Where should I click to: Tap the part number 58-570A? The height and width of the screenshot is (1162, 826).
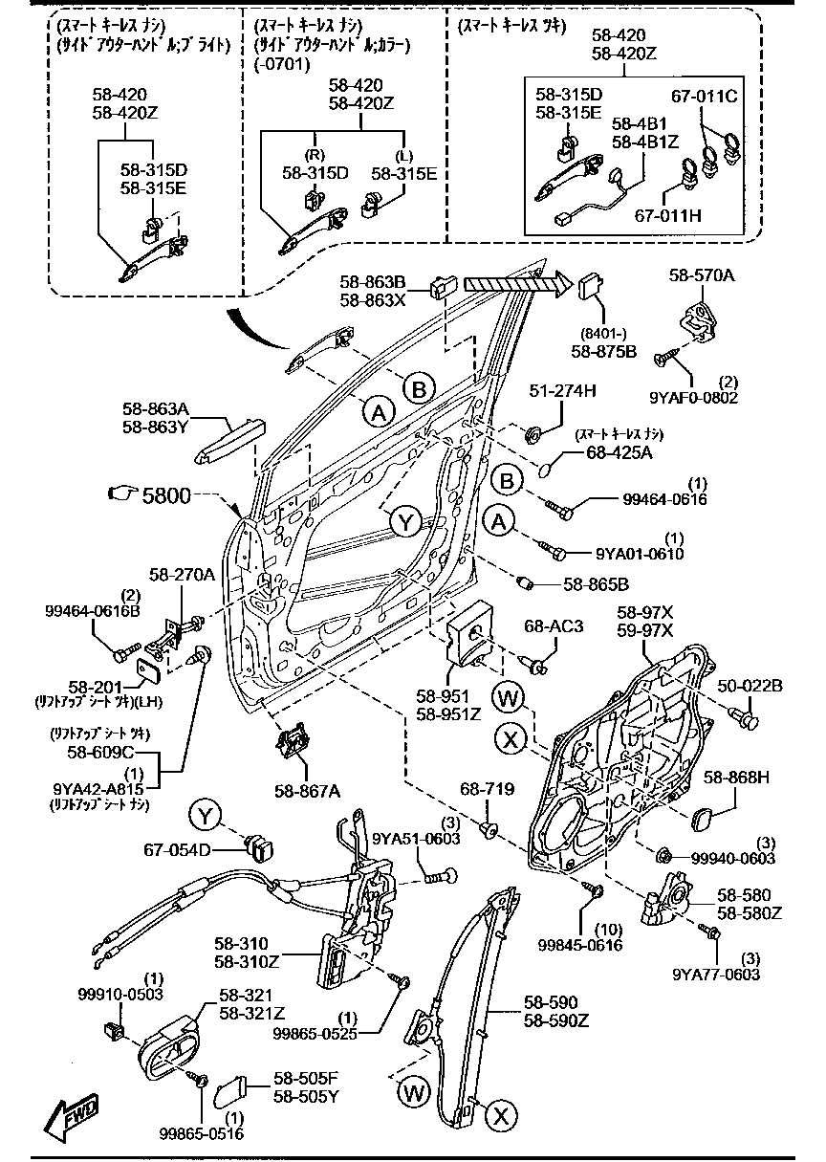pos(702,275)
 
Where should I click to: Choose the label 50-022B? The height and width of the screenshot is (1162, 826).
pos(750,685)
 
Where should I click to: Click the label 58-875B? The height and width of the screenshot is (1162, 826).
pos(603,351)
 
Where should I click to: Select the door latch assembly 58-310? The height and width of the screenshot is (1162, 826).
pos(359,928)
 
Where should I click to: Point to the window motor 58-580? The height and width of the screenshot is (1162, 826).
pos(675,903)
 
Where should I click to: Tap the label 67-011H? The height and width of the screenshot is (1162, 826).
pos(667,215)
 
